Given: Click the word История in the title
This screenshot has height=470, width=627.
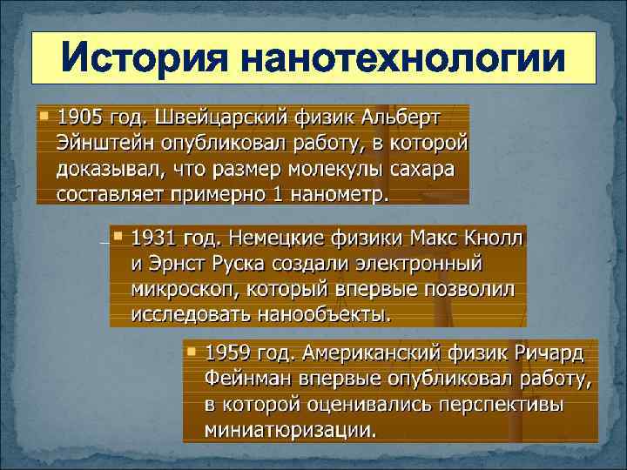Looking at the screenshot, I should click(145, 60).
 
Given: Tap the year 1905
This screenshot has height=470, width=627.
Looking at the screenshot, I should click(80, 117).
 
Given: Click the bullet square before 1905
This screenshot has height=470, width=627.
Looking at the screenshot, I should click(44, 115).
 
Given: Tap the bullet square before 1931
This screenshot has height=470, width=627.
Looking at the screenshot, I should click(118, 235).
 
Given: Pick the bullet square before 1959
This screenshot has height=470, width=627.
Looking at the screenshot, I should click(192, 352).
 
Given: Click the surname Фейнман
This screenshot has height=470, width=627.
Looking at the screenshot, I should click(253, 379).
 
